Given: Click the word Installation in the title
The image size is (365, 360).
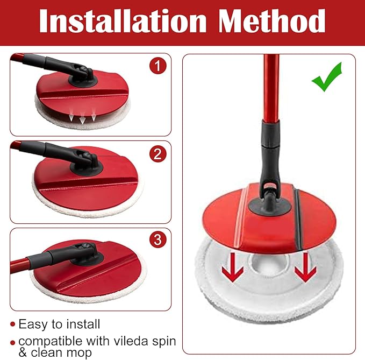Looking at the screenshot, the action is pyautogui.click(x=123, y=21).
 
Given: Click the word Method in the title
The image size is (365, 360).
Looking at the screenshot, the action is pyautogui.click(x=271, y=21).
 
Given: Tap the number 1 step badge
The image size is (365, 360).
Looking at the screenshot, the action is pyautogui.click(x=158, y=66).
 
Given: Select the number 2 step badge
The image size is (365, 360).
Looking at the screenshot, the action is pyautogui.click(x=158, y=154).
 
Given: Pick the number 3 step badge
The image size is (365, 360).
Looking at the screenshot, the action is pyautogui.click(x=158, y=239).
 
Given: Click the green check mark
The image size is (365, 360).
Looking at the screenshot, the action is pyautogui.click(x=327, y=77).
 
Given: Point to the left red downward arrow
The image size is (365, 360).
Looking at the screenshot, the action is pyautogui.click(x=233, y=268).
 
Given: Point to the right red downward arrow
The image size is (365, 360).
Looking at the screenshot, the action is pyautogui.click(x=305, y=268).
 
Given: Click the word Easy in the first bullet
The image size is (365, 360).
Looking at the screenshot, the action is pyautogui.click(x=33, y=324).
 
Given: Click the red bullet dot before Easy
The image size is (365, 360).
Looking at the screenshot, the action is pyautogui.click(x=12, y=324).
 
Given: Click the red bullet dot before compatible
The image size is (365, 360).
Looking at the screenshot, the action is pyautogui.click(x=12, y=343).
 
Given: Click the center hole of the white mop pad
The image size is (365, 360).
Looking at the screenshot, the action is pyautogui.click(x=268, y=262).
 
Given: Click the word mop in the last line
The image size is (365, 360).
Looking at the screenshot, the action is pyautogui.click(x=78, y=353).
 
